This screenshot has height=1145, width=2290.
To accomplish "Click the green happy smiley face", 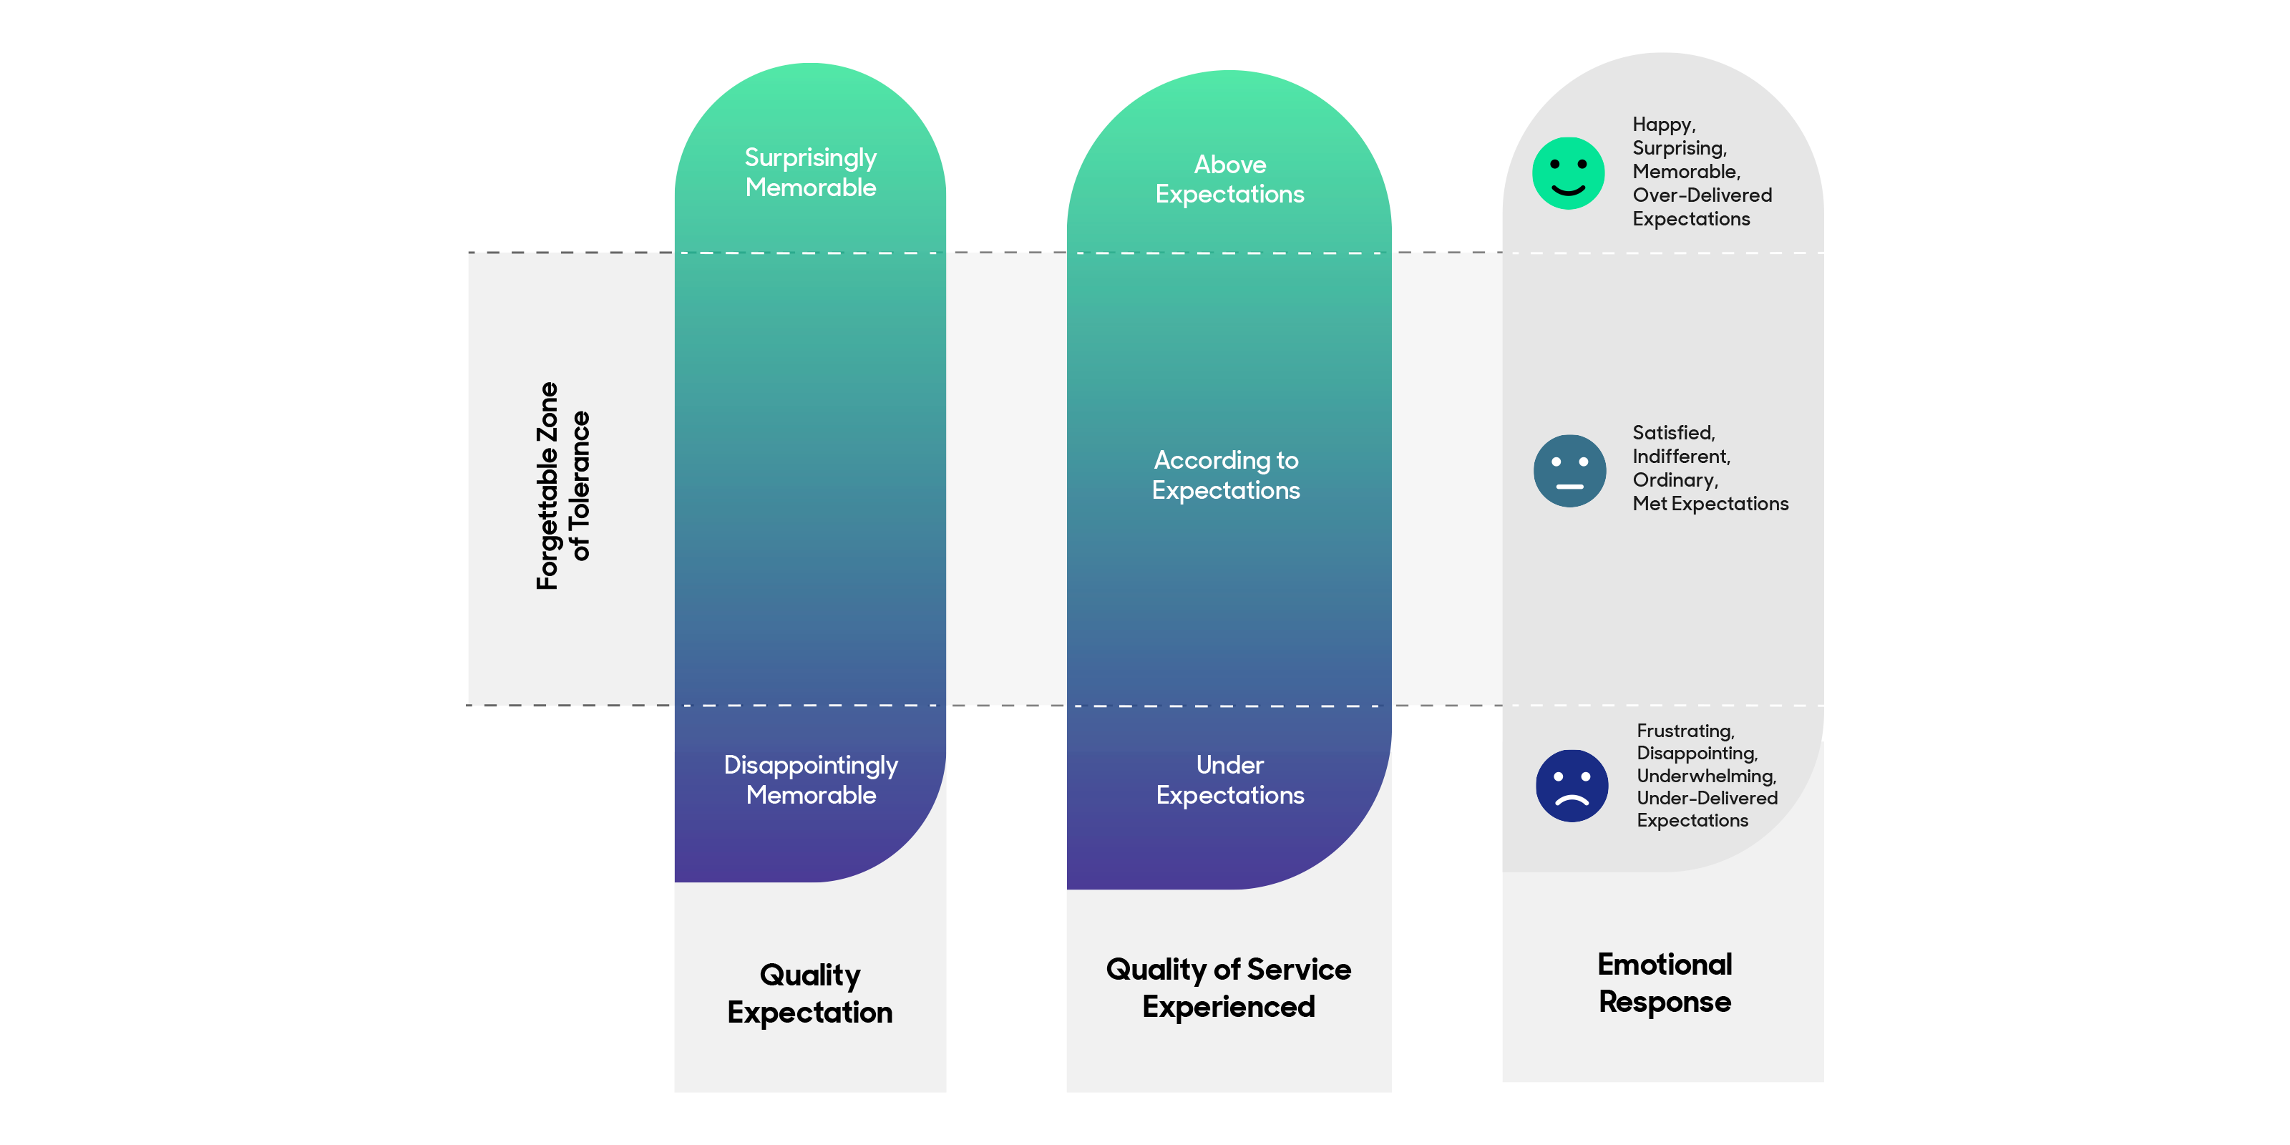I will click(x=1568, y=173).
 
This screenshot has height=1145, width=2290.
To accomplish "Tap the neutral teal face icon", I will click(x=1569, y=471).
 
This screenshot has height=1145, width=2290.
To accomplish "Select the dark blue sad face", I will click(x=1571, y=786).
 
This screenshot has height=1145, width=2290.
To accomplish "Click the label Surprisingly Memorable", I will click(x=811, y=172).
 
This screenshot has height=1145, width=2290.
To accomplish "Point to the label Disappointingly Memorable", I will click(x=811, y=779).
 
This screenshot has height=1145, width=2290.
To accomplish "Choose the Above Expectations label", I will click(x=1229, y=180).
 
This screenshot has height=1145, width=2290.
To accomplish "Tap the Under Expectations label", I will click(x=1229, y=779).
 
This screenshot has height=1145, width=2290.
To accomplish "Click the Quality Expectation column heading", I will click(x=810, y=994).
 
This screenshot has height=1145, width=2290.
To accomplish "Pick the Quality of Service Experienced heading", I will click(x=1229, y=988).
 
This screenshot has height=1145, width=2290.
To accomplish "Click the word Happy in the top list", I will click(x=1663, y=125).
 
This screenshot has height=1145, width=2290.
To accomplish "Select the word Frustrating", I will click(x=1685, y=731).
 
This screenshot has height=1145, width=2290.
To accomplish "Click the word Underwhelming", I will click(x=1706, y=776).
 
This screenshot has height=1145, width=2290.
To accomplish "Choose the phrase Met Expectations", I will click(x=1710, y=504).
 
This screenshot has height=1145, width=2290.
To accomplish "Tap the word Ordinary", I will click(x=1675, y=481).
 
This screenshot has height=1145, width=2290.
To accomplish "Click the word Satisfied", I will click(x=1673, y=433).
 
